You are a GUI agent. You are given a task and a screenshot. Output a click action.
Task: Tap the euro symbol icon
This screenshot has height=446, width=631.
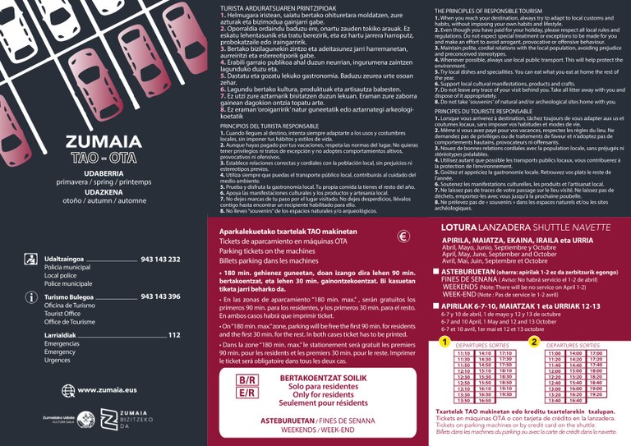[x=403, y=237]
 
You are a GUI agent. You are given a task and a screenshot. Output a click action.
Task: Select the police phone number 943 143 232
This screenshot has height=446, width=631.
[x=160, y=260]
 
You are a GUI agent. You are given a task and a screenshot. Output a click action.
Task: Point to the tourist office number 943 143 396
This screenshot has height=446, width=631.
[x=160, y=297]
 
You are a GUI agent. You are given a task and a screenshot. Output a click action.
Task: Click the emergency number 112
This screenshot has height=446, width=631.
[x=173, y=335]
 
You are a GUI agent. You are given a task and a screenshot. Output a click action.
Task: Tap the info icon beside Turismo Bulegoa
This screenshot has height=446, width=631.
[x=30, y=297]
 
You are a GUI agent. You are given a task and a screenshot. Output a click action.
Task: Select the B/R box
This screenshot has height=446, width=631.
[x=246, y=380]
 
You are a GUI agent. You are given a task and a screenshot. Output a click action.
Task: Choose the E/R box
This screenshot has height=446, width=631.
[x=246, y=393]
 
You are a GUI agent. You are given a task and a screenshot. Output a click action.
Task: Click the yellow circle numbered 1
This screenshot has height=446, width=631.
[x=444, y=342]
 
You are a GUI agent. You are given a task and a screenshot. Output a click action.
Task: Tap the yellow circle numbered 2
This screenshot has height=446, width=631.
[x=534, y=342]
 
